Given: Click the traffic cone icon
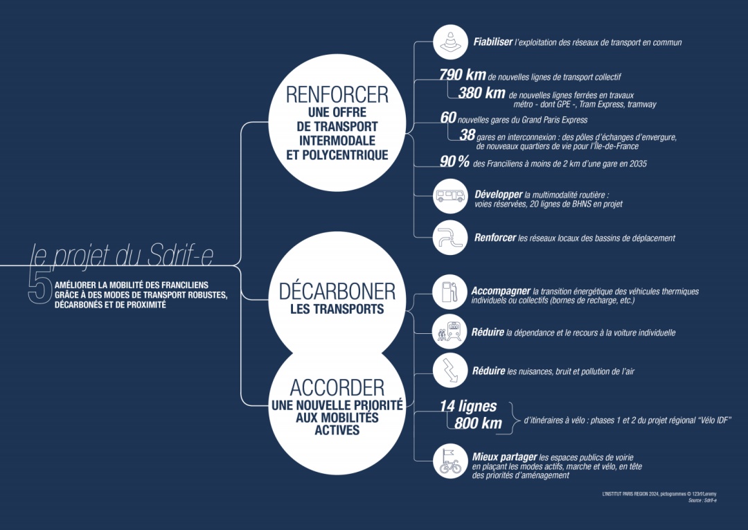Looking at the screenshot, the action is [x=450, y=42].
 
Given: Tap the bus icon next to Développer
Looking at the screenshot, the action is [x=450, y=196].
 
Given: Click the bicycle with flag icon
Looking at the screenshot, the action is [x=450, y=461].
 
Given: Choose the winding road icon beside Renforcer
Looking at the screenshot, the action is [x=450, y=237].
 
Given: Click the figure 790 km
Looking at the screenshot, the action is [x=462, y=74].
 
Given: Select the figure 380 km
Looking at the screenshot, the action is [x=481, y=93].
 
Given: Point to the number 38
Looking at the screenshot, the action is [x=467, y=135].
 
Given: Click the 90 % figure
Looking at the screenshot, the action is [x=454, y=161].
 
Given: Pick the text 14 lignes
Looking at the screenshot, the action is [x=468, y=406].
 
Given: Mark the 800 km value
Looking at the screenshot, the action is [x=478, y=423].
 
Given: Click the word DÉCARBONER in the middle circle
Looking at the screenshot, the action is [x=337, y=292].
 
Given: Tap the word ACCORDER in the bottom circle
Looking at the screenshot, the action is [x=337, y=388].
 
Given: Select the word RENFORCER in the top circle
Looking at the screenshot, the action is [x=337, y=94].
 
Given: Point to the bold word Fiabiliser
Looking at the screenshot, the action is [x=493, y=42].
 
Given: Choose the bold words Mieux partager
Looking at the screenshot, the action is [x=504, y=457].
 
